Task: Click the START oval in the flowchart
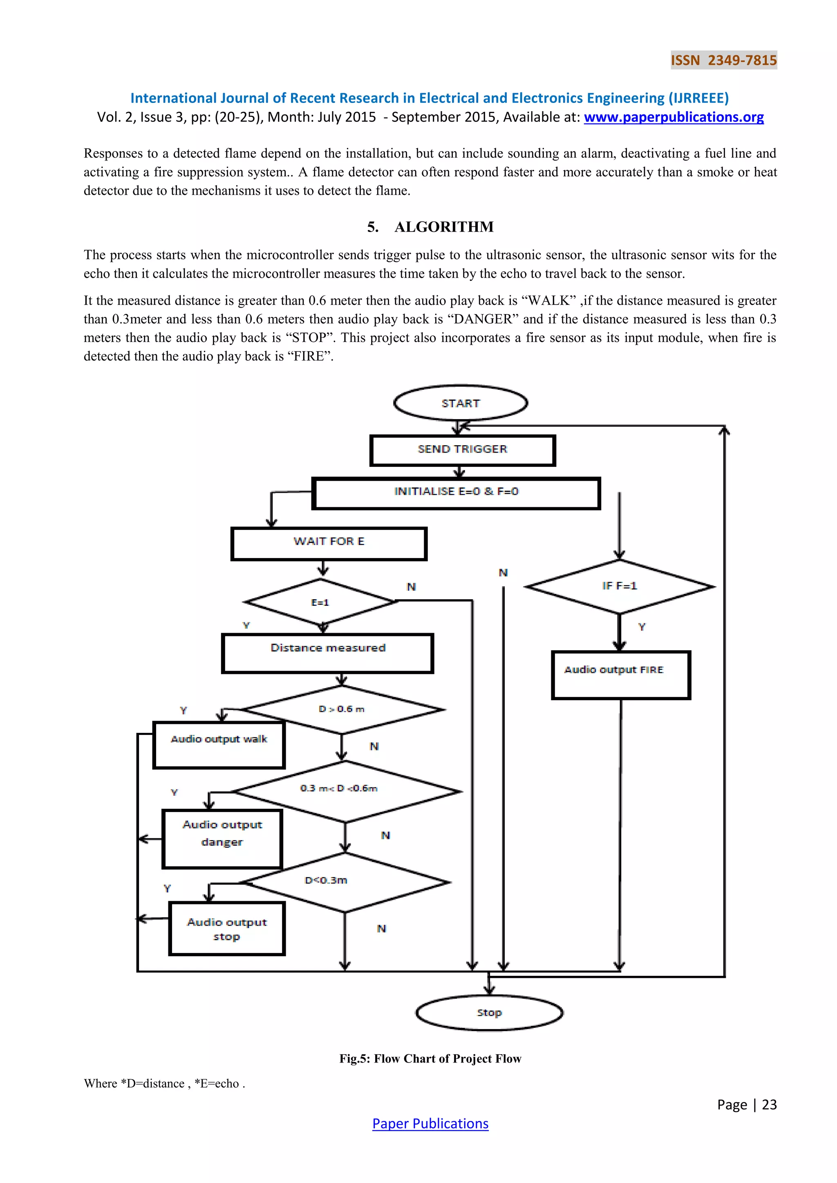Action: point(460,403)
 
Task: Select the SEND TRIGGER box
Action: point(462,450)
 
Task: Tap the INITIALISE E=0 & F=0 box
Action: point(456,493)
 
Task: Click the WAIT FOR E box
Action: point(329,543)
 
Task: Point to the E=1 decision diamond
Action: point(320,602)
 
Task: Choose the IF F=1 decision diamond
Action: point(620,586)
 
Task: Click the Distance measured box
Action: point(328,653)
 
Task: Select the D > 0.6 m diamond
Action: point(341,710)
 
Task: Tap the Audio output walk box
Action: point(219,745)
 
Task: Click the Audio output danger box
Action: point(222,838)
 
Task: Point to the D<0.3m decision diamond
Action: point(344,882)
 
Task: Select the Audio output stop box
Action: point(227,928)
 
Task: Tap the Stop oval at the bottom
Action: point(489,1013)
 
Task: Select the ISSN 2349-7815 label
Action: point(724,60)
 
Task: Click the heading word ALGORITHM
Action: point(444,227)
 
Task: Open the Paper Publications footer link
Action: point(430,1123)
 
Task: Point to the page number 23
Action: point(769,1104)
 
